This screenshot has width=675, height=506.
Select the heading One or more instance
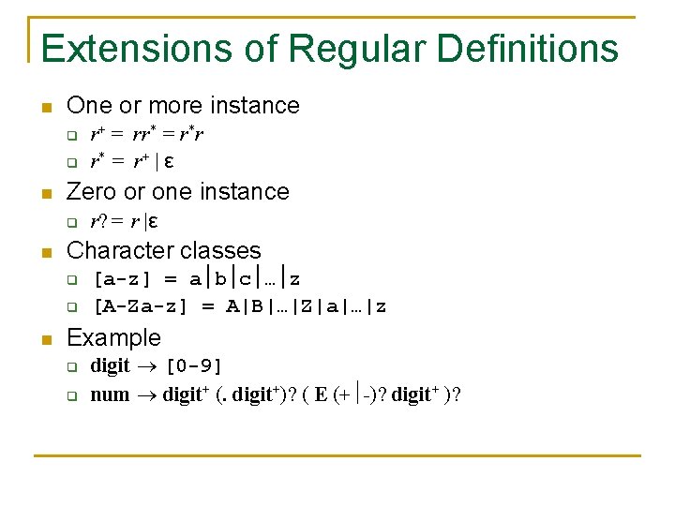[x=184, y=105]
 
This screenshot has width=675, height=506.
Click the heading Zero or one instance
[x=178, y=191]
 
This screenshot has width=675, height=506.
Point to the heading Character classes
[x=164, y=250]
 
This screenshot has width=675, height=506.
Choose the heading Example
[x=114, y=337]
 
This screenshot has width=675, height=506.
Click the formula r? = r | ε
[x=123, y=222]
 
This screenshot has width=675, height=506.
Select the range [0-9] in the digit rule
[x=193, y=365]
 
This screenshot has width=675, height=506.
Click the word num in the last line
[x=110, y=394]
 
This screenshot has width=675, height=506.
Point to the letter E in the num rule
[x=322, y=394]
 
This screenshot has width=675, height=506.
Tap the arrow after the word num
[x=146, y=394]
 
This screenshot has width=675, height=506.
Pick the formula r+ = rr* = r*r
[x=147, y=134]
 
